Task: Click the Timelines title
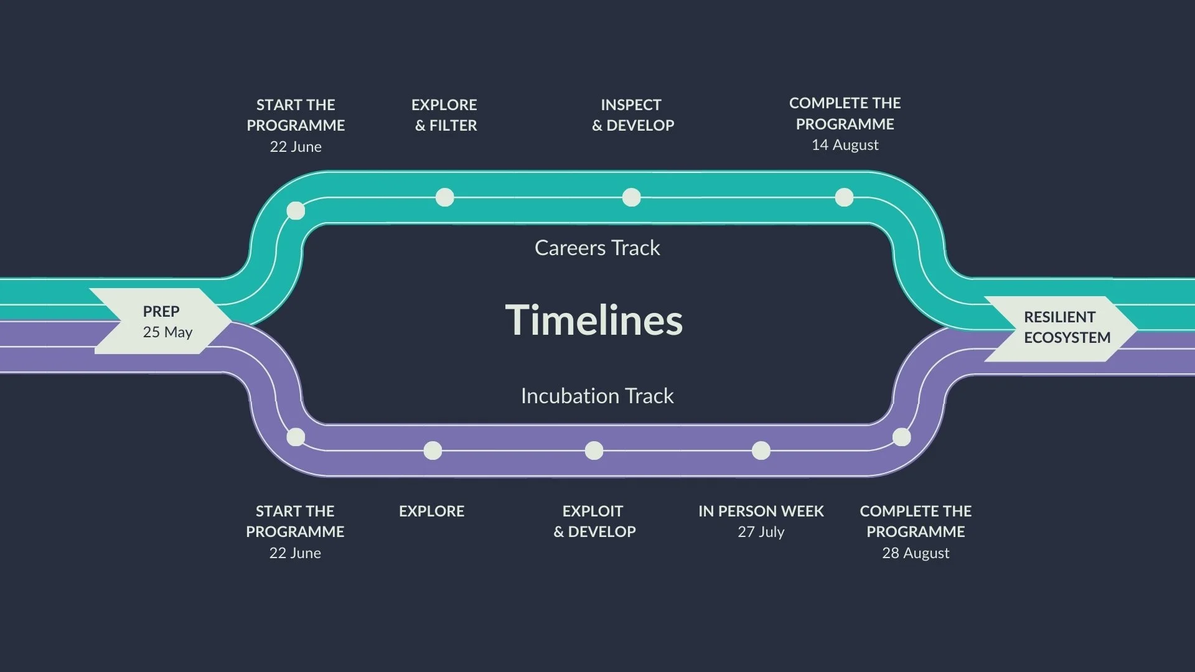point(594,320)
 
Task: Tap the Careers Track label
point(597,248)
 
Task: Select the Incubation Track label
point(597,396)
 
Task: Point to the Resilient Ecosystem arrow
point(1061,328)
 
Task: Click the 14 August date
point(845,145)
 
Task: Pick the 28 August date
point(916,553)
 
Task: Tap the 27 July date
point(761,532)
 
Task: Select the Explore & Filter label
point(444,115)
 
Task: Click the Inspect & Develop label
point(632,115)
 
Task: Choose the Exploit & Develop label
point(594,521)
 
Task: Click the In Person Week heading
point(761,511)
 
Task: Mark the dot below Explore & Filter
point(444,197)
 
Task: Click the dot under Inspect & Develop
point(631,197)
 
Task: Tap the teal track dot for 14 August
point(844,197)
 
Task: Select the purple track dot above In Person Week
point(761,450)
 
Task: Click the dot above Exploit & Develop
point(594,450)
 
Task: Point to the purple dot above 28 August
point(901,437)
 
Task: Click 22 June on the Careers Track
point(296,147)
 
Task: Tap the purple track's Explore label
point(431,511)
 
